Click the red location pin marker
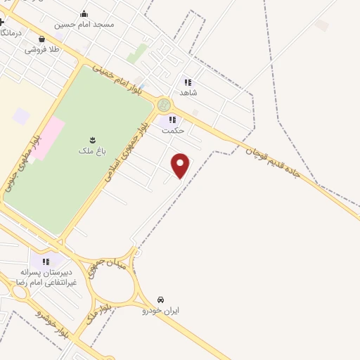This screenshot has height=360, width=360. (x=181, y=165)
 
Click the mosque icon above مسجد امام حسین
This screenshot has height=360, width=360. (x=84, y=13)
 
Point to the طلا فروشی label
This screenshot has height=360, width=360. (x=44, y=50)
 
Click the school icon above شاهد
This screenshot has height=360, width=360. (x=188, y=82)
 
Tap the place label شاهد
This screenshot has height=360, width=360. (x=188, y=93)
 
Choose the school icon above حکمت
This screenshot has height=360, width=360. (x=172, y=120)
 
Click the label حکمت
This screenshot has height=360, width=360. (x=172, y=131)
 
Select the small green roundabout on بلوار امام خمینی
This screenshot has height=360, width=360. (x=164, y=105)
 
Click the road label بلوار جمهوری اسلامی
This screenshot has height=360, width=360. (x=125, y=153)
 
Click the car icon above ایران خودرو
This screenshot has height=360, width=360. (x=162, y=300)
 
